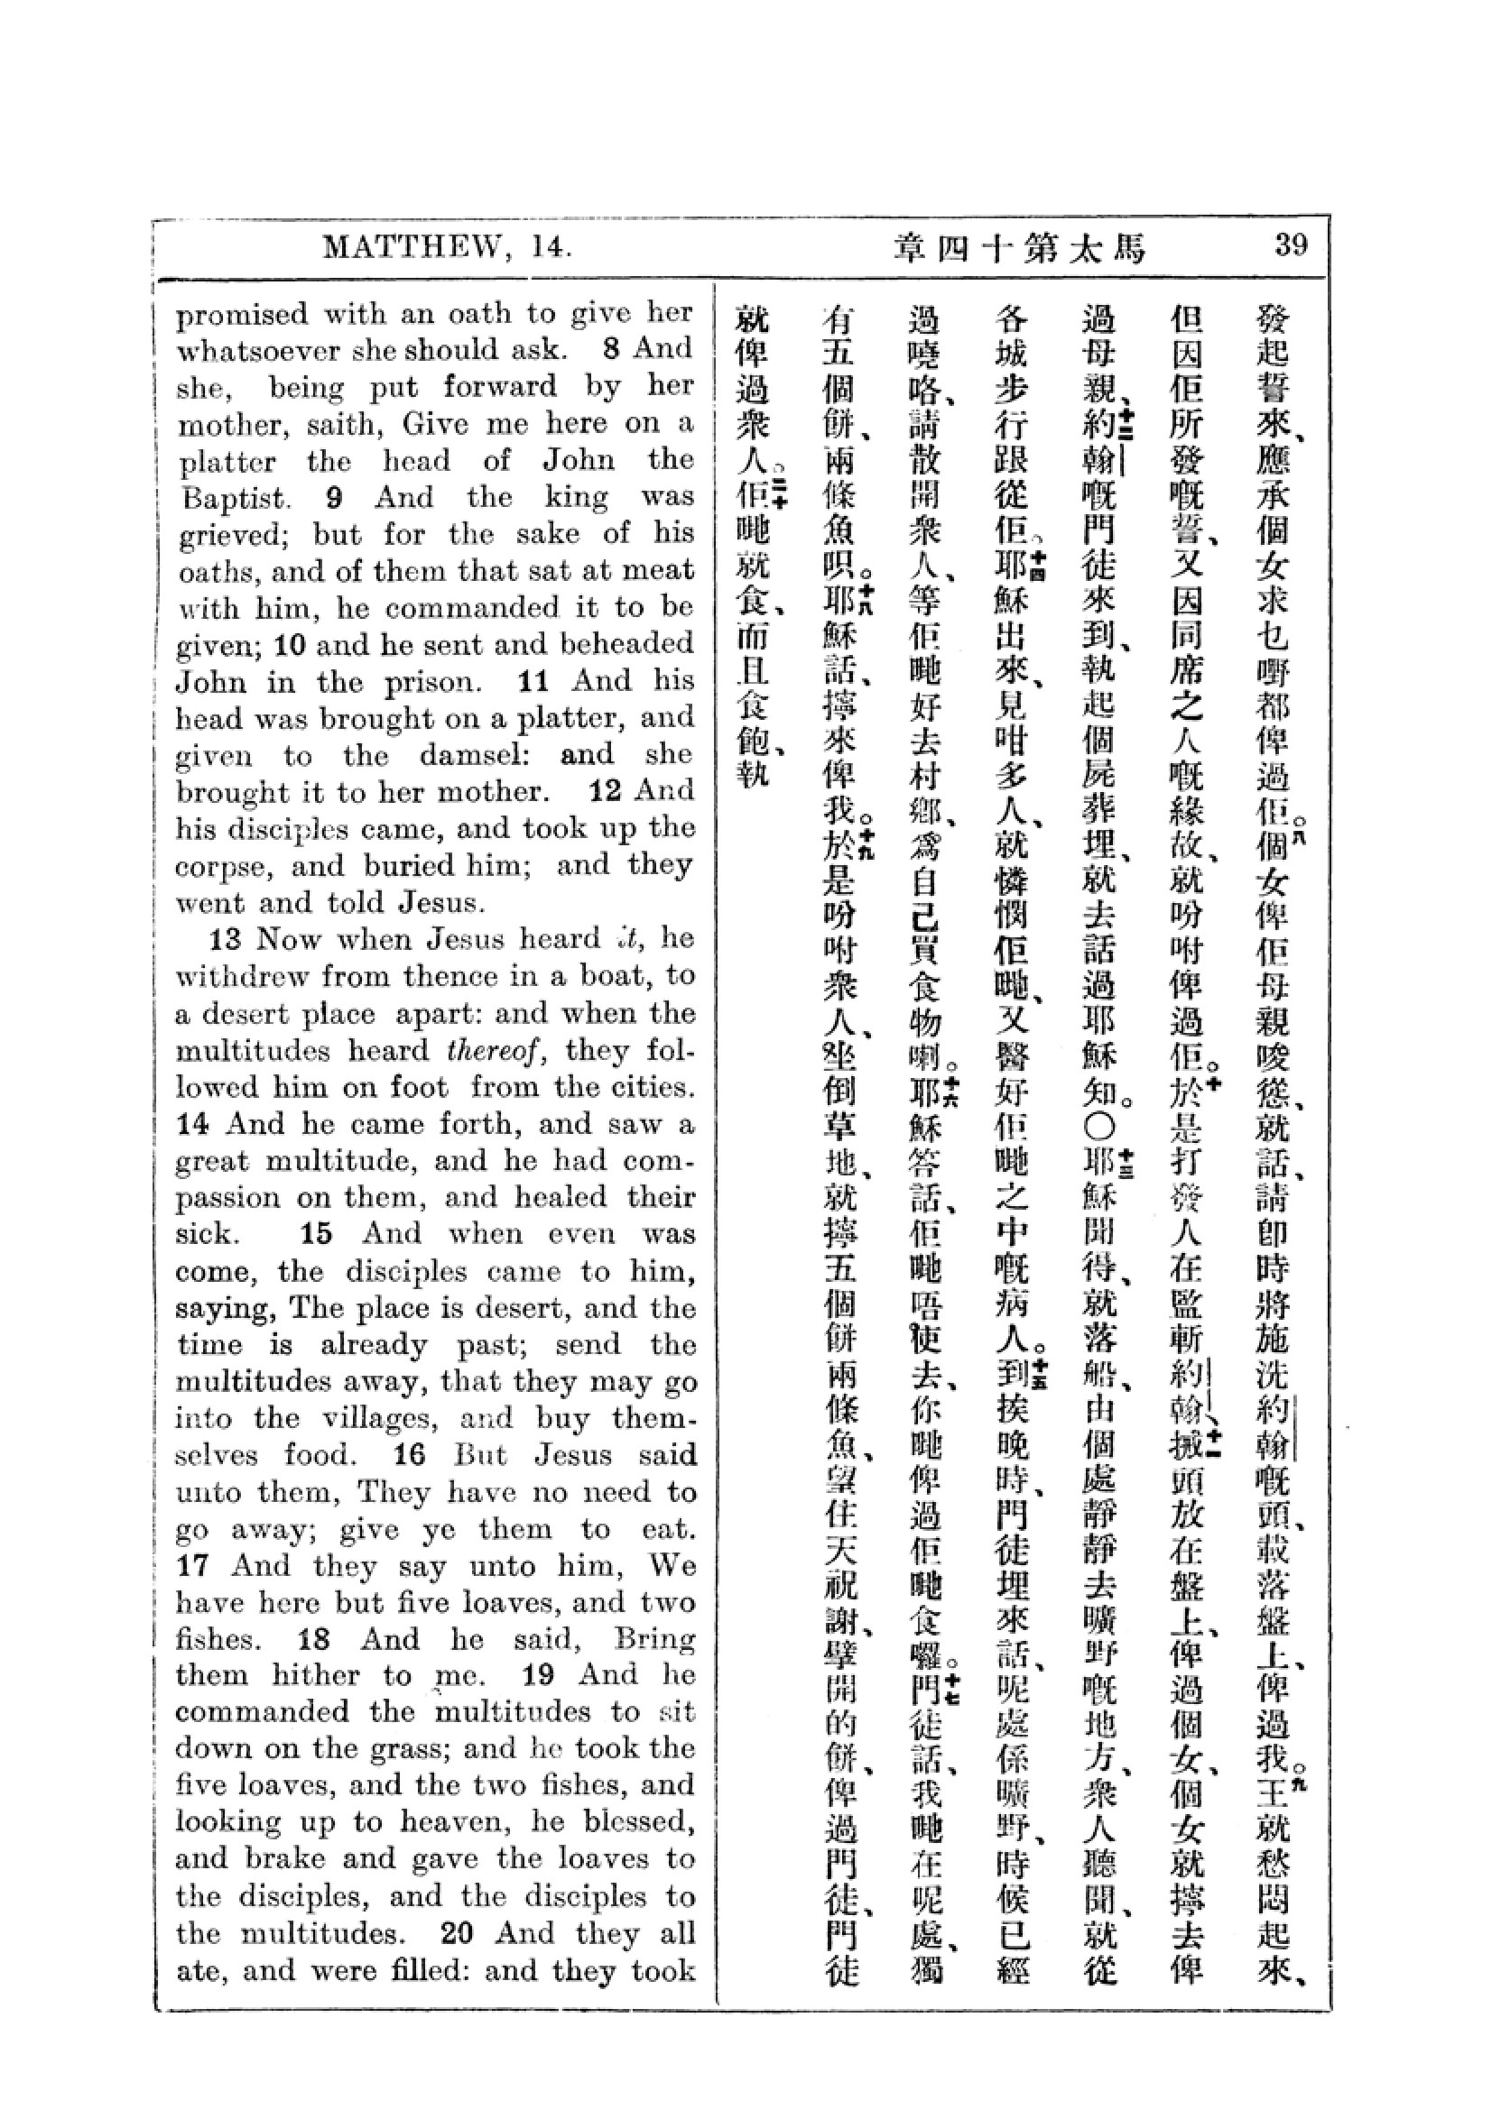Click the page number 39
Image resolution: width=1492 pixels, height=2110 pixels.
(x=1290, y=245)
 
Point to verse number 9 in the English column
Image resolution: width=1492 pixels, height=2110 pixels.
(x=335, y=497)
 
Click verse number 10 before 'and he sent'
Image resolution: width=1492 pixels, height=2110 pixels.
(x=290, y=645)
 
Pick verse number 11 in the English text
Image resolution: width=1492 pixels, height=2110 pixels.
(x=533, y=681)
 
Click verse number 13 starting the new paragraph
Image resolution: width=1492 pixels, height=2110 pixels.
(x=226, y=939)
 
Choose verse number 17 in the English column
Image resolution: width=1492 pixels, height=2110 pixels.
(x=194, y=1566)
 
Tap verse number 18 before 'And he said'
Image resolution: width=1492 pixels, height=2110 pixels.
(x=315, y=1639)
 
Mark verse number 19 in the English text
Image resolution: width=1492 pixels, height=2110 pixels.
(x=538, y=1676)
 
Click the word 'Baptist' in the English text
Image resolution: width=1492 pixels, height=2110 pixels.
(x=233, y=499)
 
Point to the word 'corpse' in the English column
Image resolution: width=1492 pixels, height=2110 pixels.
(x=220, y=867)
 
